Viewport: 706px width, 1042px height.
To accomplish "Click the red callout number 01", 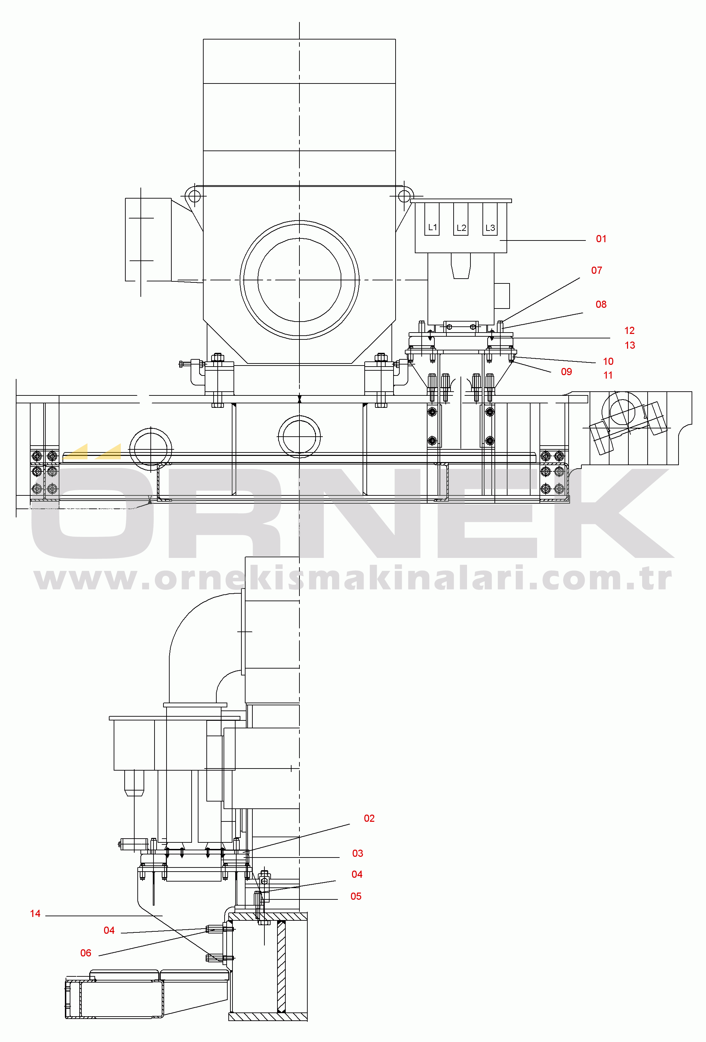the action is coord(601,239).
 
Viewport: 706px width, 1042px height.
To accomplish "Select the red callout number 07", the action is coord(596,270).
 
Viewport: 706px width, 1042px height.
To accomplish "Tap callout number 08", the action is coord(601,304).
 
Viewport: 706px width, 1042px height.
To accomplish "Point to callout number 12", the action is coord(629,330).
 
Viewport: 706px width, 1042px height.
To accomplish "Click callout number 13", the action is coord(630,345).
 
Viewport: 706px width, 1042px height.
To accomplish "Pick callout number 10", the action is coord(608,361).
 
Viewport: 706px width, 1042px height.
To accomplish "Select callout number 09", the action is coord(567,372).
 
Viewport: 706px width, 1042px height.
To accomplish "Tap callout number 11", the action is coord(608,375).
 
